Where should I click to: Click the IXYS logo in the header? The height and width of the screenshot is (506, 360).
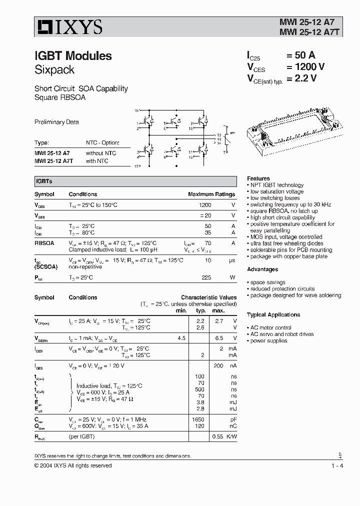(68, 27)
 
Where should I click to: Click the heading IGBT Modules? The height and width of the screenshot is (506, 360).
(73, 56)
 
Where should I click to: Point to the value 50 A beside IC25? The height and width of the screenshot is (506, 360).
(300, 55)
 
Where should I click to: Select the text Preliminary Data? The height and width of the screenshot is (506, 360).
(56, 122)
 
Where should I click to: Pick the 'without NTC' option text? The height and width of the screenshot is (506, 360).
(100, 153)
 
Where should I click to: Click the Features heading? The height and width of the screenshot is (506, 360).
(258, 178)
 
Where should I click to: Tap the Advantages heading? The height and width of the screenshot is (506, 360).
(262, 269)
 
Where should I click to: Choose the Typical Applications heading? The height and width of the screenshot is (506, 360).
(273, 315)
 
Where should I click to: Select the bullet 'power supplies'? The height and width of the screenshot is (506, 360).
(268, 341)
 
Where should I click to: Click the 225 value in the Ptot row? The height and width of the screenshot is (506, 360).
(205, 277)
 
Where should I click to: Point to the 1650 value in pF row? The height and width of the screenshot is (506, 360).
(198, 419)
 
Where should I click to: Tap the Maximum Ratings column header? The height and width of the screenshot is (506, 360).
(211, 194)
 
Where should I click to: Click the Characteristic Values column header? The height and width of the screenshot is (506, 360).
(208, 297)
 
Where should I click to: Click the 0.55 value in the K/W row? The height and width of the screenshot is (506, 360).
(217, 436)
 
